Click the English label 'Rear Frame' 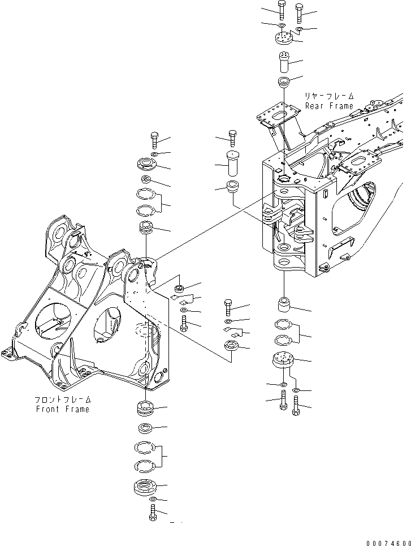329,106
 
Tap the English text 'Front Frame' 61,409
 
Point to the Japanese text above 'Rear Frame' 329,96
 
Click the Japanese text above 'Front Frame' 61,399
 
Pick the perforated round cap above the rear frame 283,39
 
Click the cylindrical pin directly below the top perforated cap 283,61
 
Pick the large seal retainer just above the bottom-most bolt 147,486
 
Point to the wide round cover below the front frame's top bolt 149,166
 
